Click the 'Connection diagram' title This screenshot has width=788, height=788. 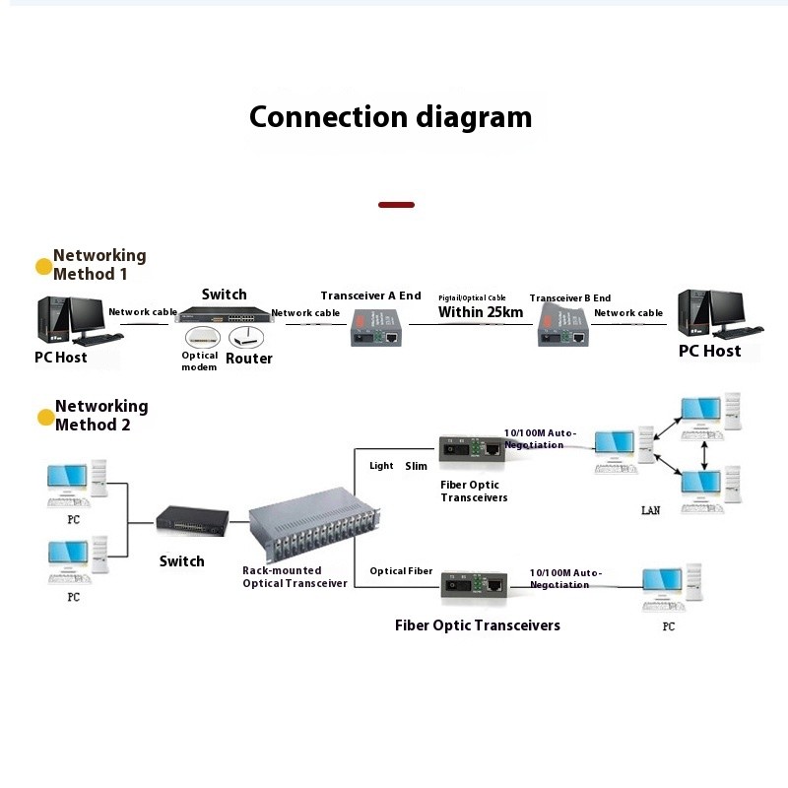[390, 117]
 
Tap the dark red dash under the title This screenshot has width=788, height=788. [396, 205]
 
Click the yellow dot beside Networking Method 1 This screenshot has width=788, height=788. [43, 266]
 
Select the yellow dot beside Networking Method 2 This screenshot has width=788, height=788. [45, 417]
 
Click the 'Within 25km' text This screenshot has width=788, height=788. [481, 312]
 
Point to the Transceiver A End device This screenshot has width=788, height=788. [375, 326]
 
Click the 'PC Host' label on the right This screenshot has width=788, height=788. [709, 351]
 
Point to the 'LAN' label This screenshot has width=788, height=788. [650, 510]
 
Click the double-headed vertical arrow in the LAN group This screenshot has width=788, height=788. [704, 452]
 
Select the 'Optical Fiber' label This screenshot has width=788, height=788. [401, 571]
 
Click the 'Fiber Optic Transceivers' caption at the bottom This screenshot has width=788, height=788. [477, 625]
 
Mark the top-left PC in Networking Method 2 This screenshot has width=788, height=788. [77, 484]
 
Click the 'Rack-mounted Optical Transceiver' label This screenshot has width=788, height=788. [295, 577]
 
